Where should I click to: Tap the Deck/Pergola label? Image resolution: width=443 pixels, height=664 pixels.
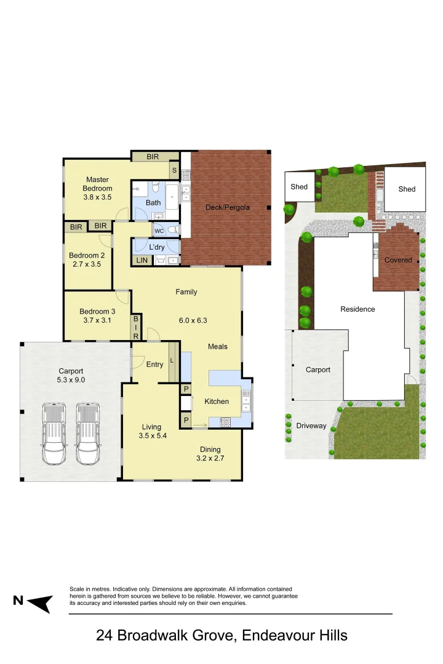pos(228,207)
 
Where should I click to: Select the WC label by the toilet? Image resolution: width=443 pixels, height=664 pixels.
pos(159,231)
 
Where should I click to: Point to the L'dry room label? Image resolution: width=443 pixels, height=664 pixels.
pos(156,247)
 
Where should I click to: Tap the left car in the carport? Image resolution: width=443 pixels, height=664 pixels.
pos(54,433)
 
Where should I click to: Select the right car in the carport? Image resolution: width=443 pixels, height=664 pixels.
pos(88,433)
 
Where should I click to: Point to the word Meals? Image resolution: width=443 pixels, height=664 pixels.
pos(218,347)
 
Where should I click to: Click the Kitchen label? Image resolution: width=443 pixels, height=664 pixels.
pos(217,401)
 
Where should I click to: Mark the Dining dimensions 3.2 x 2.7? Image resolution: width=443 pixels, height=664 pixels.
pos(209,458)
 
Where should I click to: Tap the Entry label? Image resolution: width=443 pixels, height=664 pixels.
pos(154,365)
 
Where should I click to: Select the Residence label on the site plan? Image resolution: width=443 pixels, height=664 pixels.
pos(357,309)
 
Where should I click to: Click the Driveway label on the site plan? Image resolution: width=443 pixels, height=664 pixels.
pos(311,425)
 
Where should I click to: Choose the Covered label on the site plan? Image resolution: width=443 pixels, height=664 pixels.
pos(398,260)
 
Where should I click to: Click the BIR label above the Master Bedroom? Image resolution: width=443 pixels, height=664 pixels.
pos(153,157)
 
